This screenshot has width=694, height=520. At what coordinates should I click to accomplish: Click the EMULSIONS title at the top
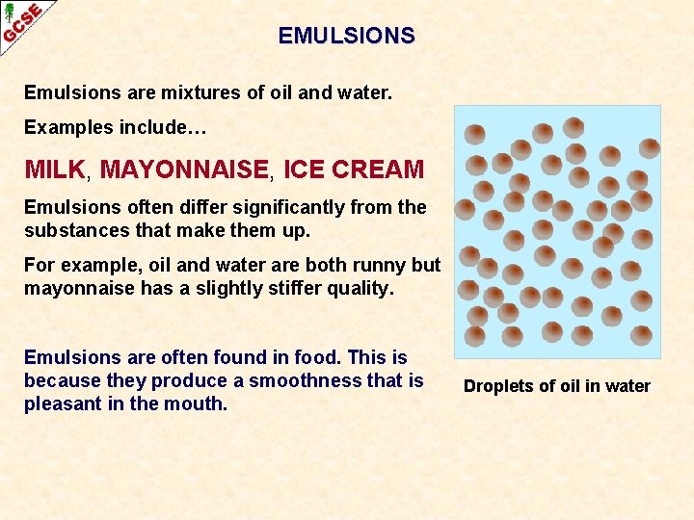tap(347, 36)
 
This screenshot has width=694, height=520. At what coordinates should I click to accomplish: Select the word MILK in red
tap(55, 170)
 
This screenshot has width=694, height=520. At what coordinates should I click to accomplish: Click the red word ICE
tap(303, 170)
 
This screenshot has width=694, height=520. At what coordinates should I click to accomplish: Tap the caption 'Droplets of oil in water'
tap(556, 386)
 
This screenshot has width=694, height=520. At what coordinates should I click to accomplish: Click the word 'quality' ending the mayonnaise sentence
tap(358, 288)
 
